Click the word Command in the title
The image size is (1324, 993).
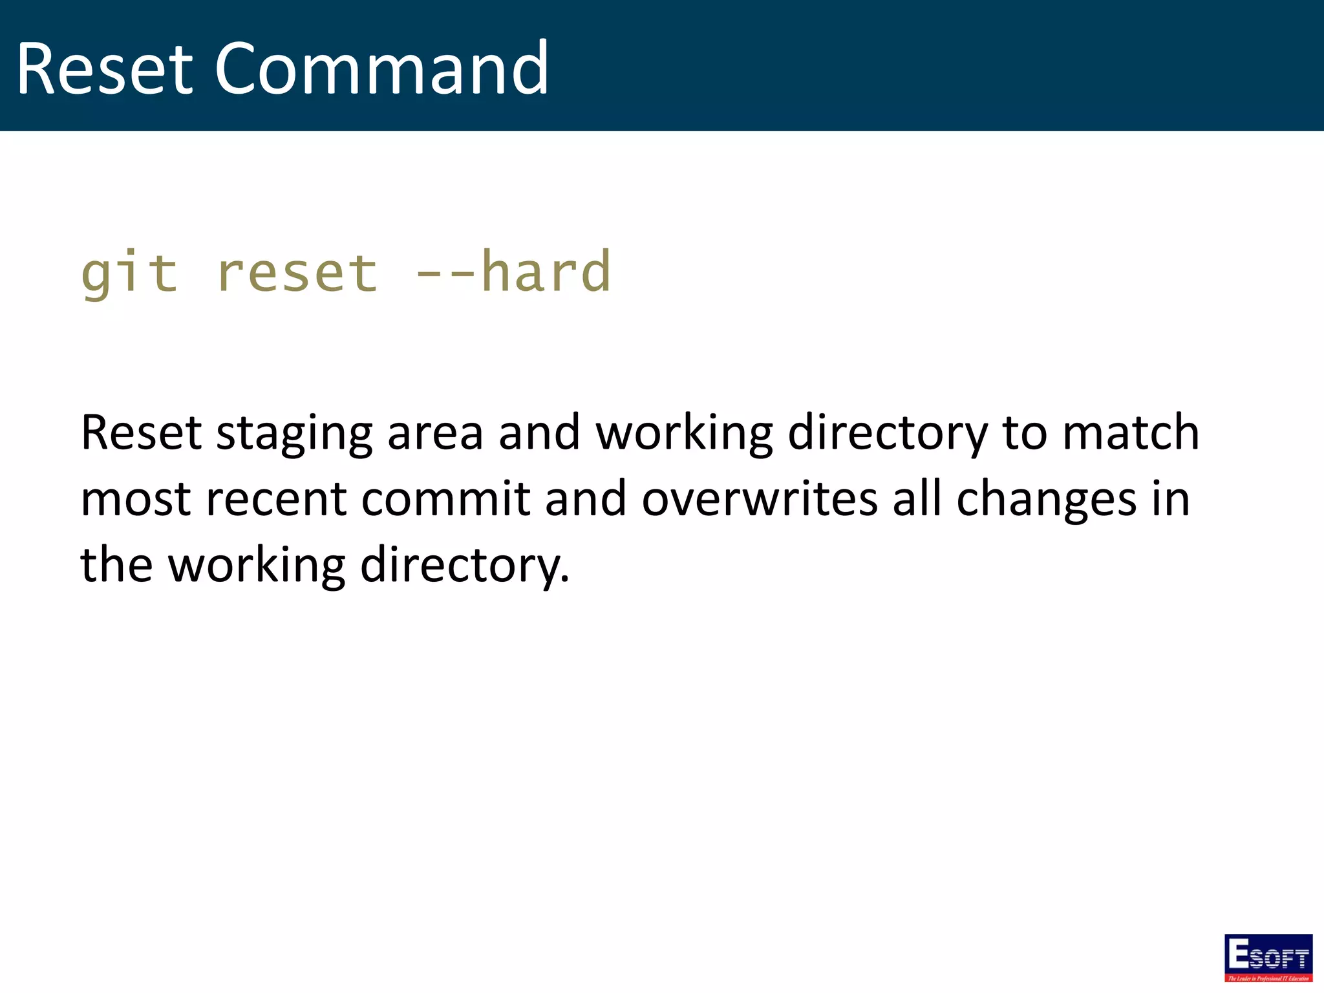coord(381,69)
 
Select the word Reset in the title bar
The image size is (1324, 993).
coord(104,69)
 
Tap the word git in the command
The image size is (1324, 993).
coord(129,272)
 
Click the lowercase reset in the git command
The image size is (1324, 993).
coord(297,272)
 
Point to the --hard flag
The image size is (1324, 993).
coord(513,272)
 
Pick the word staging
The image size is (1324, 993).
coord(294,433)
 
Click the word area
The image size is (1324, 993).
coord(435,433)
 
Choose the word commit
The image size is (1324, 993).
coord(445,499)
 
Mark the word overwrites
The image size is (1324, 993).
coord(760,499)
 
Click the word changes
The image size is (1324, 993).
coord(1046,499)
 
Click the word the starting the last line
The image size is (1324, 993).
coord(116,565)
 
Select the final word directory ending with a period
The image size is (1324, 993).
coord(464,565)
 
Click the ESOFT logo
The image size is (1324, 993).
coord(1268,957)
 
